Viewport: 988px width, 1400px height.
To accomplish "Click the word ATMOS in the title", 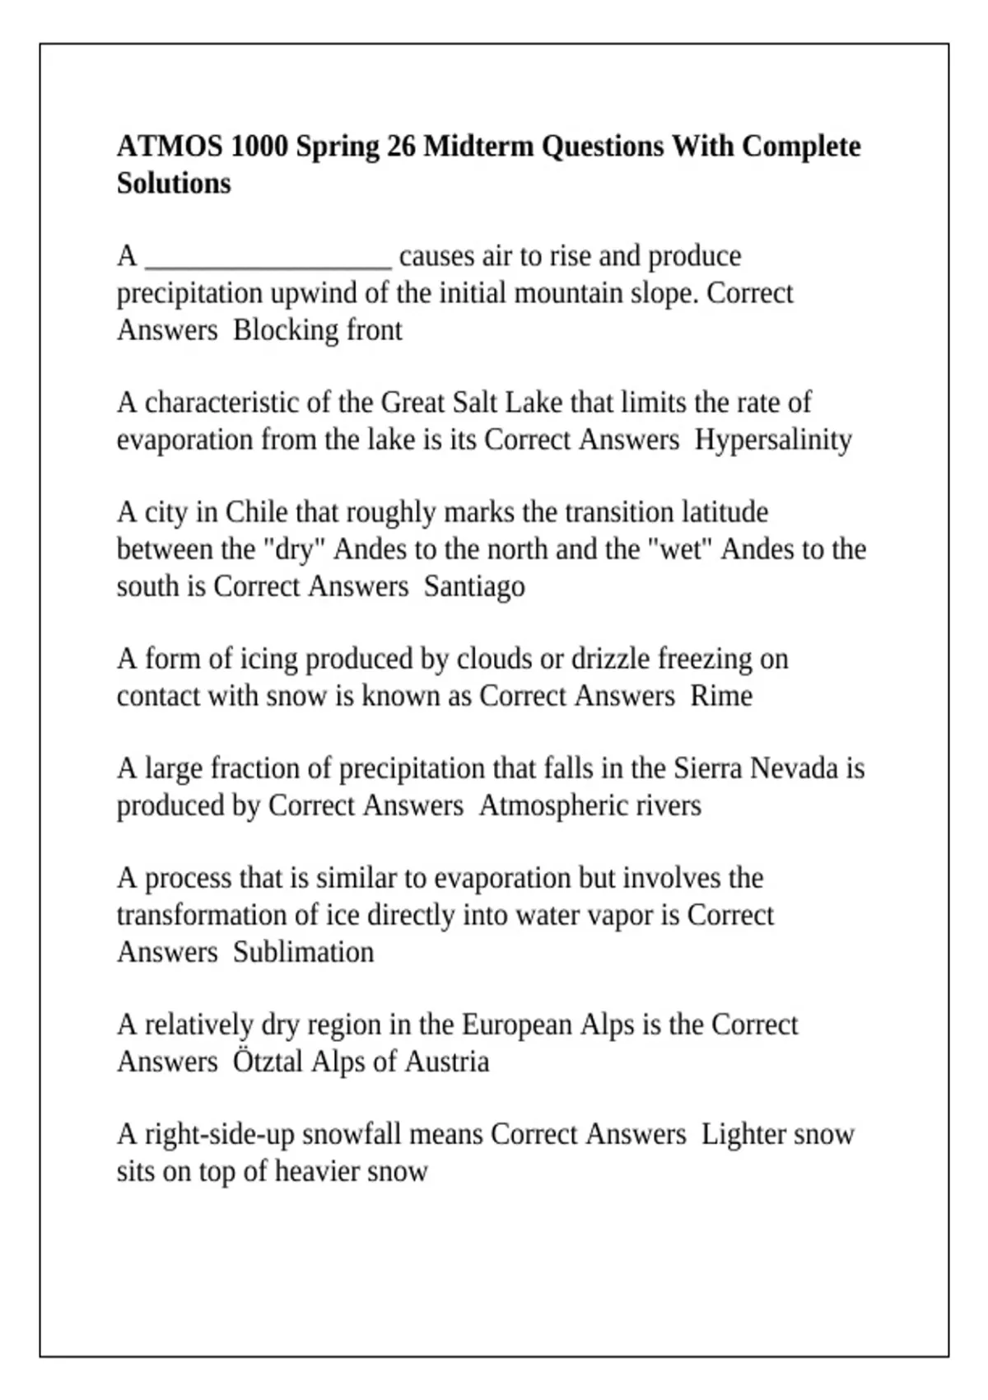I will pos(169,147).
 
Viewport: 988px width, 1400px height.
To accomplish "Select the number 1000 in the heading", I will pos(259,147).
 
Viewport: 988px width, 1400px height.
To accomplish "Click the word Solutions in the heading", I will pos(174,183).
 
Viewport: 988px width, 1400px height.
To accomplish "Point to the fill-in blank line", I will pos(268,262).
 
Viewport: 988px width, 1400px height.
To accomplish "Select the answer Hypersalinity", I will pos(773,440).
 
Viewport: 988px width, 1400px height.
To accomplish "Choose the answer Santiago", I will pos(474,586).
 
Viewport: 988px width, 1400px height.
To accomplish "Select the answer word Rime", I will pos(721,696).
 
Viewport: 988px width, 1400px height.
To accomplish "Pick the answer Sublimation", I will pos(303,952).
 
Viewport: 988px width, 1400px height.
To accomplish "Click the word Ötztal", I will pos(268,1062).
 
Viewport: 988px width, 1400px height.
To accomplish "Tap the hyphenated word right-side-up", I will pos(220,1135).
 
